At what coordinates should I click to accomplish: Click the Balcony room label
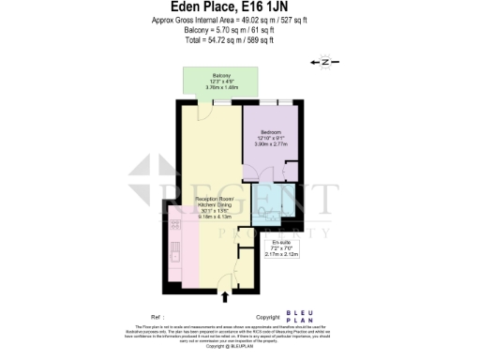tap(220, 75)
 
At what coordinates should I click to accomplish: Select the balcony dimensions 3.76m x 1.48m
tap(220, 87)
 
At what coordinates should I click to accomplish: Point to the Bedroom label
tap(271, 132)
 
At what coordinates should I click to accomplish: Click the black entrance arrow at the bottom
tap(224, 298)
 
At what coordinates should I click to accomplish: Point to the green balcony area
tap(220, 82)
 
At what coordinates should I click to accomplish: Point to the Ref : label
tap(144, 317)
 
